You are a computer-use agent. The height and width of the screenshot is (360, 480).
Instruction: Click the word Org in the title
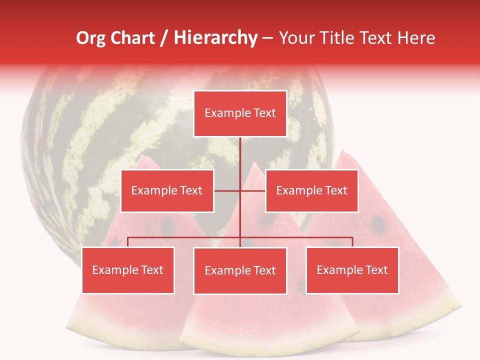(x=91, y=38)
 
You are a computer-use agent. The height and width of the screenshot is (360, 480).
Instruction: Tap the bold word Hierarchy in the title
(x=215, y=38)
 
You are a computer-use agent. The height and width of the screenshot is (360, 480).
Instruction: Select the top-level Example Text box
(x=240, y=113)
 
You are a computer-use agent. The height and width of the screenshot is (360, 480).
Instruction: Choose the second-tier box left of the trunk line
(x=167, y=191)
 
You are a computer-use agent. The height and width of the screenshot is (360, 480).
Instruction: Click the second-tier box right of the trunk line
(x=311, y=191)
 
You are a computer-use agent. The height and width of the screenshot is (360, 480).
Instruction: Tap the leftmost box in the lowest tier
(x=128, y=270)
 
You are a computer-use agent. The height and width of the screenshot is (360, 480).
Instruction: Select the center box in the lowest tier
(x=240, y=271)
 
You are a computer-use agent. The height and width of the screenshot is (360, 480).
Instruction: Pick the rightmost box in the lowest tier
(x=352, y=270)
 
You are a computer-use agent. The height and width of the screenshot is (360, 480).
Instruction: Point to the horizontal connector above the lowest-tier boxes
(x=185, y=237)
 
